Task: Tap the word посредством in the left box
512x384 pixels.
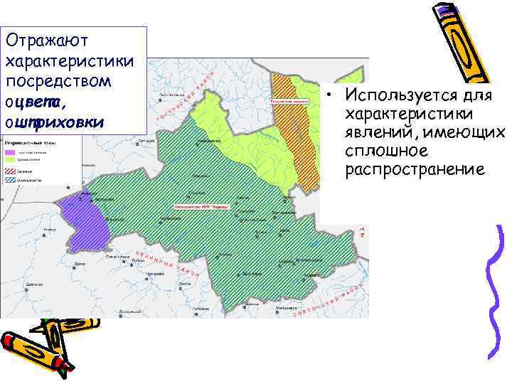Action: (x=58, y=80)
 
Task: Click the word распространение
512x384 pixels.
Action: (x=415, y=170)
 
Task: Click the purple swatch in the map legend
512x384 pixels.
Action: (x=11, y=152)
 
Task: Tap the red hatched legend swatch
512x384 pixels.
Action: (x=11, y=171)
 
